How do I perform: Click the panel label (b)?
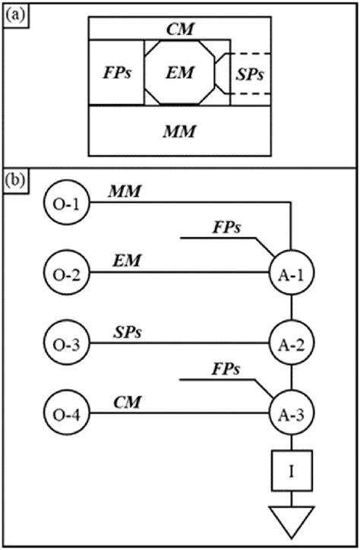click(x=14, y=182)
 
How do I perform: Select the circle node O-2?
click(x=68, y=273)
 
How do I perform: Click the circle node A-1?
click(x=292, y=273)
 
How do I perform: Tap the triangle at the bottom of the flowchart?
click(x=292, y=520)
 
